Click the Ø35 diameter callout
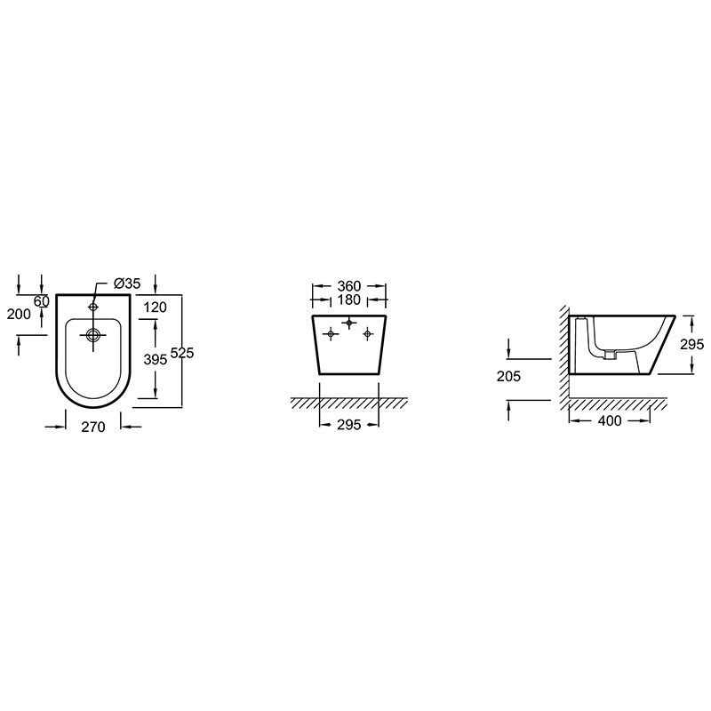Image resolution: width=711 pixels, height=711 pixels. click(127, 284)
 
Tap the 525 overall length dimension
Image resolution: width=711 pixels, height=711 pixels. click(182, 352)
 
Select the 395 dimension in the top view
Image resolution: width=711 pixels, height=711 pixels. click(156, 359)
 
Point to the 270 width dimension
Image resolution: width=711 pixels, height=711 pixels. click(93, 427)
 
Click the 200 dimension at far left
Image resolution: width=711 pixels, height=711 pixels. click(19, 314)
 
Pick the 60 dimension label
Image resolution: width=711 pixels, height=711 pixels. click(41, 300)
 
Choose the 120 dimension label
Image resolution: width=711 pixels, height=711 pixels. click(155, 308)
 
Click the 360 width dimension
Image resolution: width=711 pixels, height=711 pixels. click(349, 286)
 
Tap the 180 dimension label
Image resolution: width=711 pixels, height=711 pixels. click(349, 300)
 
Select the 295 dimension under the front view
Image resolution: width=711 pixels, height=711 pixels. click(349, 425)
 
